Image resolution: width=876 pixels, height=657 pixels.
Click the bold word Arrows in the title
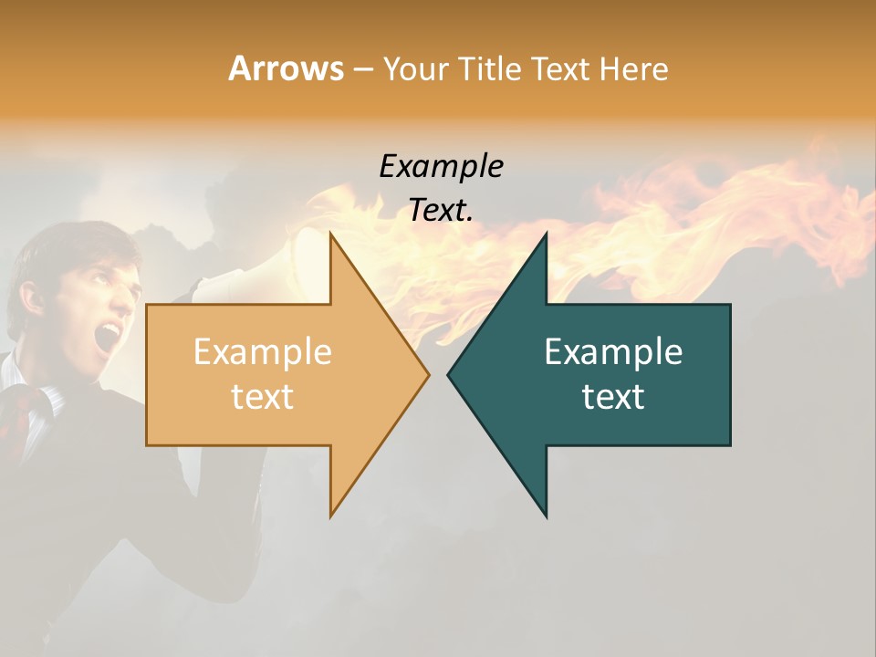pos(287,68)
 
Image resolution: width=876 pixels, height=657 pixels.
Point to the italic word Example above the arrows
pos(441,166)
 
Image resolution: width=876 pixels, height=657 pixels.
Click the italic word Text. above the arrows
pos(441,210)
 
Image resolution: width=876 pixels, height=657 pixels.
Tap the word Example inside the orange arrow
pos(262,351)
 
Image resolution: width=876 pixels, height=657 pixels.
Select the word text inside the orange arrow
pos(262,396)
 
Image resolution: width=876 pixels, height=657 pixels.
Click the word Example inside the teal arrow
pos(613,351)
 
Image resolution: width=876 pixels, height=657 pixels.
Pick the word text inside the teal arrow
pos(613,396)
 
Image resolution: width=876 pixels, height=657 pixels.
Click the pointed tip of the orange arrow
pos(428,374)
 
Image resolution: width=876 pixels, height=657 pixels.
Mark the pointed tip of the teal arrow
pos(449,374)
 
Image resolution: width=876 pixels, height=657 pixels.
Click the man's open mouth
pos(108,337)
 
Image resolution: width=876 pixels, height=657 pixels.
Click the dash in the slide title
pos(362,69)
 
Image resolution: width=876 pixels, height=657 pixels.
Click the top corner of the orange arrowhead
pos(331,235)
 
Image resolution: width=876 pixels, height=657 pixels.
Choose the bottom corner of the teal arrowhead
pos(546,516)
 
